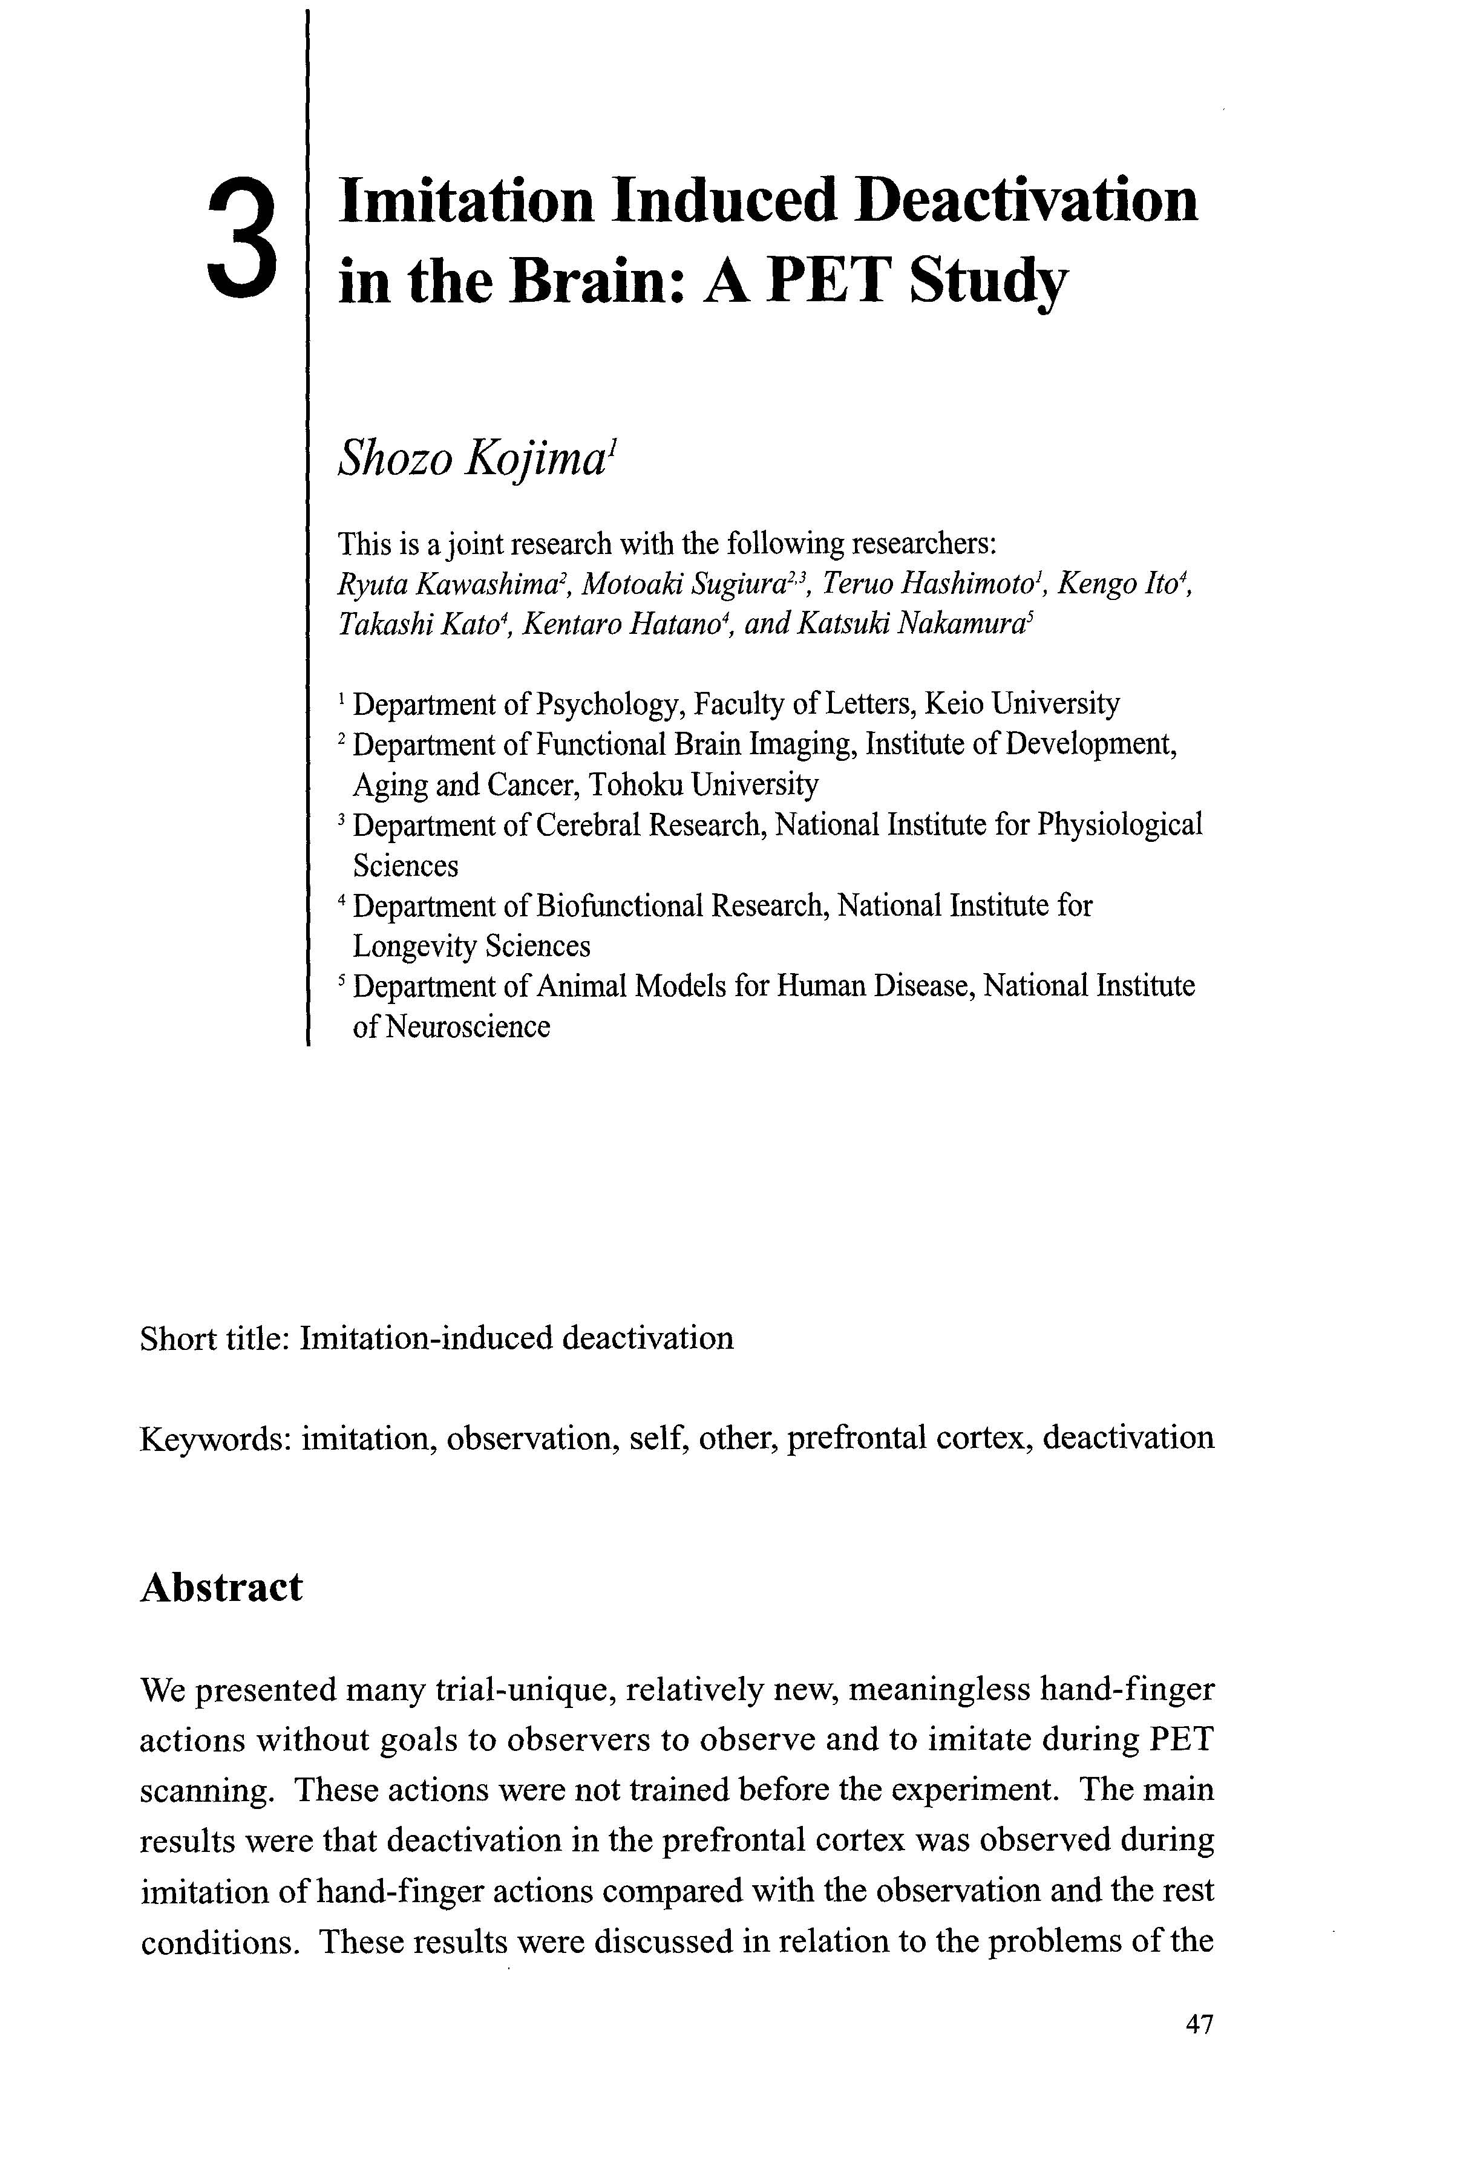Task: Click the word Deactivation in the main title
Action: pos(1026,200)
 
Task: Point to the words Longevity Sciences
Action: pos(471,946)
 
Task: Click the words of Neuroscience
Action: pos(451,1026)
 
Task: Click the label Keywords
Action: pos(215,1438)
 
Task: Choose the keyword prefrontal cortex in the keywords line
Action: pos(907,1438)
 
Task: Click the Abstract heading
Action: pos(221,1587)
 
